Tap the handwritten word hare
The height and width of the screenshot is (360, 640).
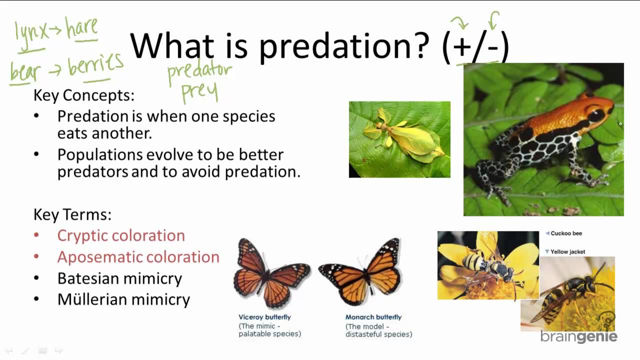[x=81, y=28]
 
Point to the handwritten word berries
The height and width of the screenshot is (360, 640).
[x=96, y=64]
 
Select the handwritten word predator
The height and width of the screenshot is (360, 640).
[x=199, y=71]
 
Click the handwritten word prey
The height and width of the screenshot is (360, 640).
[x=199, y=91]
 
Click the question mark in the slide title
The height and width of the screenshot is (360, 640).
[x=419, y=45]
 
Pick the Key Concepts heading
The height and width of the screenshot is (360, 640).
[x=84, y=95]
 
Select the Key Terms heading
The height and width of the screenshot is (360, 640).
[x=72, y=214]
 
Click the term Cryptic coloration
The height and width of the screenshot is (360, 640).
[x=121, y=236]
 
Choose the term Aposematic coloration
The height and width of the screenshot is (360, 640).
[x=138, y=257]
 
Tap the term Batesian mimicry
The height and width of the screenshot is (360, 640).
[x=119, y=278]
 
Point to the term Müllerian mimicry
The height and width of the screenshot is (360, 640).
[x=123, y=299]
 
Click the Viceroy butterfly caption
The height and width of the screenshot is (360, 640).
[x=264, y=317]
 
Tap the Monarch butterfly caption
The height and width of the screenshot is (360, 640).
[x=373, y=317]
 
